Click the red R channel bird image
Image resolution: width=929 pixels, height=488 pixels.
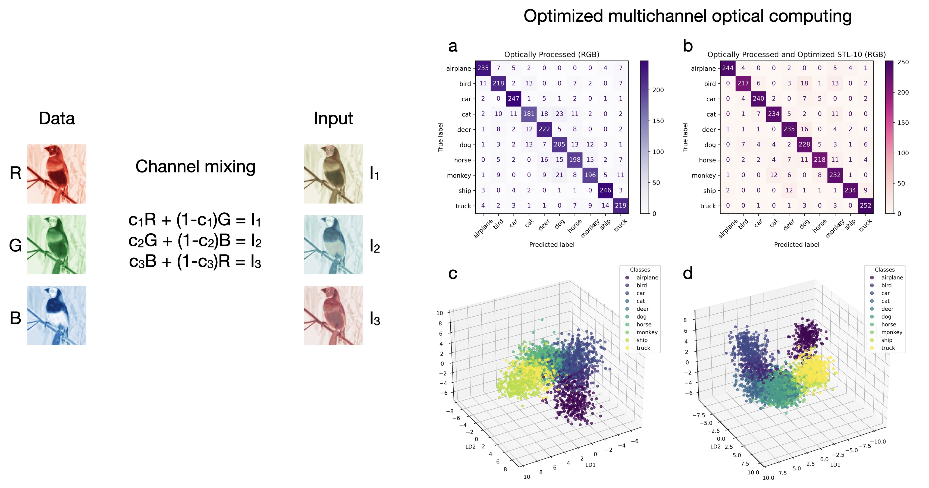(57, 174)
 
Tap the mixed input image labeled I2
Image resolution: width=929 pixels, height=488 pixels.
(333, 244)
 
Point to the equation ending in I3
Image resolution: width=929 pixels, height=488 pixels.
(195, 261)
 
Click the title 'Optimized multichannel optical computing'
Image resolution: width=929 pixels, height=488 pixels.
(687, 16)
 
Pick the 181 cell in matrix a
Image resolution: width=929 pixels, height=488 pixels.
(529, 114)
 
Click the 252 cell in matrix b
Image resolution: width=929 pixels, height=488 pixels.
(865, 205)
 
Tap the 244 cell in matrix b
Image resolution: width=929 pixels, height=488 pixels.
(727, 68)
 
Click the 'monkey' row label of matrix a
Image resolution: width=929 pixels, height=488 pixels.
(459, 175)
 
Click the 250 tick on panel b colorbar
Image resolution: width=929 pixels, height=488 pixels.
(903, 62)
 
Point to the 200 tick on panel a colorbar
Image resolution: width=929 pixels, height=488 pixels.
(658, 90)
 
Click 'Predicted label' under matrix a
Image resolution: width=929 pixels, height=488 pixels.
(551, 244)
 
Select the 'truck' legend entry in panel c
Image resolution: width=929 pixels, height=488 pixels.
(643, 348)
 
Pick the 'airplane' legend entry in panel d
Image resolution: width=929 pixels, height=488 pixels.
(892, 278)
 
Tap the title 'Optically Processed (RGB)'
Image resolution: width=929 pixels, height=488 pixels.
(551, 54)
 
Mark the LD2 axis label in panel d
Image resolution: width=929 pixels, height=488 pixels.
(715, 446)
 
